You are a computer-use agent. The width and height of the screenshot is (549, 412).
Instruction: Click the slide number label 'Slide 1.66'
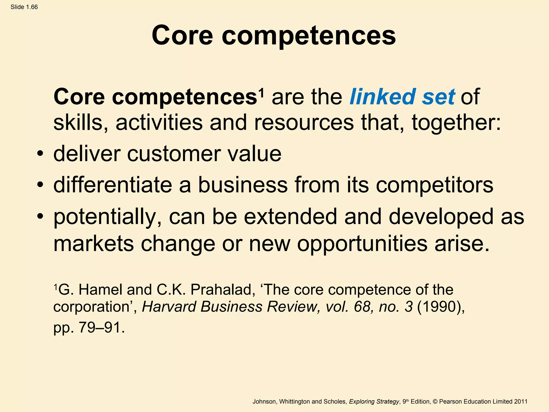pos(24,7)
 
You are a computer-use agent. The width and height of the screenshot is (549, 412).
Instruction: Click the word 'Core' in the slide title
pos(182,35)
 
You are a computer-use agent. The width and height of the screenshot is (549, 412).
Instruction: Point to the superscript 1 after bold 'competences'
pos(262,93)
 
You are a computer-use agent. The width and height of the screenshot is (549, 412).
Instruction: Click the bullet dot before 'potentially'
pos(40,216)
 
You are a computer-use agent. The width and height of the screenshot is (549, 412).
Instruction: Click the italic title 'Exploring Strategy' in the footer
pos(374,402)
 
